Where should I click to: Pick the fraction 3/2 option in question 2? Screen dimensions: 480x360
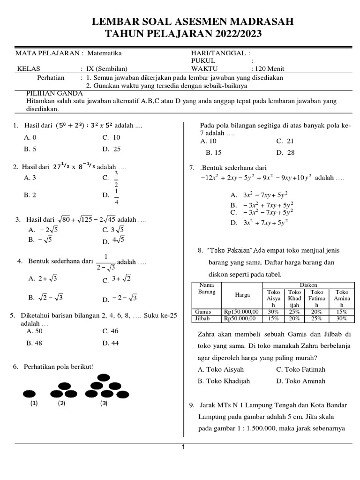[x=116, y=179]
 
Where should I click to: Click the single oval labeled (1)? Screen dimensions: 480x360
[x=30, y=393]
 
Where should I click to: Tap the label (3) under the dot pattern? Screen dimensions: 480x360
[x=103, y=403]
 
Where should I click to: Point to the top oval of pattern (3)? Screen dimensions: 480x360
[x=104, y=377]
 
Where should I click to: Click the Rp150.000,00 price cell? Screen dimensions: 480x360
[x=240, y=312]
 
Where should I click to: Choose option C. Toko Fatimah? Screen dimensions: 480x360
[x=300, y=369]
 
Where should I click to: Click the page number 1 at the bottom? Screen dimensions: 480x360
[x=183, y=447]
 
